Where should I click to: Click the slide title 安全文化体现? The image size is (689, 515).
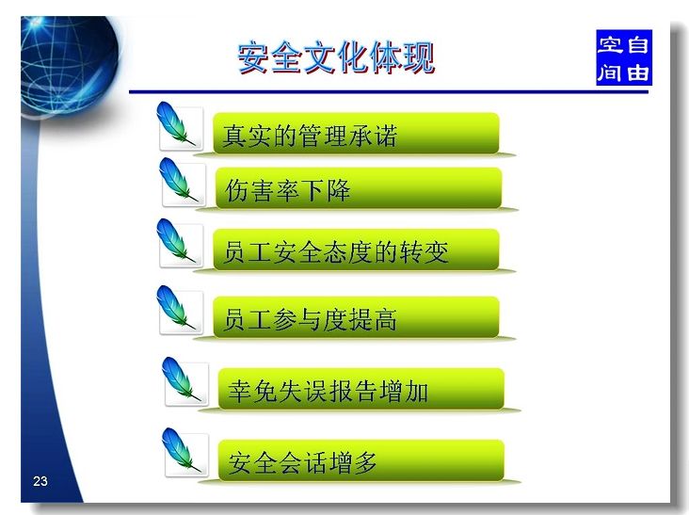(x=336, y=57)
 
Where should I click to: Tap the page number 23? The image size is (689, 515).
(x=40, y=481)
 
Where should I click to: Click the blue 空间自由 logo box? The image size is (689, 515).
(x=623, y=57)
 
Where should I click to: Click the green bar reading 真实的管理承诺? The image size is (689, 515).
(x=356, y=134)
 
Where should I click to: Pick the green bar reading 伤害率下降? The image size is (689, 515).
(x=359, y=188)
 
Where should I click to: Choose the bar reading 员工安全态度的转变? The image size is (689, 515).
(x=356, y=249)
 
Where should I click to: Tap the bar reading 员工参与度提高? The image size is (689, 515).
(x=356, y=317)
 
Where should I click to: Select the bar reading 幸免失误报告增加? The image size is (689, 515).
(x=361, y=389)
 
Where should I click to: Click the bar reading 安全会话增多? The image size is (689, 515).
(x=361, y=460)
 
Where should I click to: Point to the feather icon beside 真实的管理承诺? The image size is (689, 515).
(x=176, y=125)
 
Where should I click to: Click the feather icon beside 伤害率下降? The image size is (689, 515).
(x=179, y=180)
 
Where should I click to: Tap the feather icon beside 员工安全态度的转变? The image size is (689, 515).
(x=176, y=241)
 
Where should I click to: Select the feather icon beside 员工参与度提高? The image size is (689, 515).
(x=176, y=308)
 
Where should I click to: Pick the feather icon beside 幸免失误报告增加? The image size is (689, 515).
(x=181, y=379)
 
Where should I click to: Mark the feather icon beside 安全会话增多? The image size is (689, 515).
(x=181, y=451)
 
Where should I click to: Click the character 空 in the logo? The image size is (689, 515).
(x=610, y=44)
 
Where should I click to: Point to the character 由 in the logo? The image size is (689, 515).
(x=638, y=72)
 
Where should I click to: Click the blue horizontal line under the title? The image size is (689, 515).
(x=389, y=92)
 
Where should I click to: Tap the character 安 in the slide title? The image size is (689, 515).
(x=253, y=57)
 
